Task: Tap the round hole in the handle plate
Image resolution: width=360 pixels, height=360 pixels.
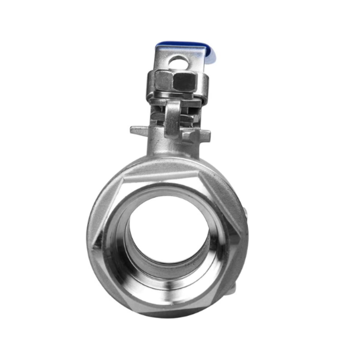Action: (x=178, y=62)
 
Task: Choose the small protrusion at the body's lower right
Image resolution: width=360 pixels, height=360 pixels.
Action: (x=234, y=292)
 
